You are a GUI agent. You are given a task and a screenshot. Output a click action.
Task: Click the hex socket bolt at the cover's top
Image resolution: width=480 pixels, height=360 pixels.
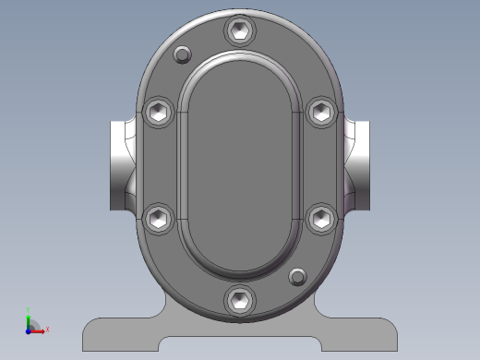tap(240, 31)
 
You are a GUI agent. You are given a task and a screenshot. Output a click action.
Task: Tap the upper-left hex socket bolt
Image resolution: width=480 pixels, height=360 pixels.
tap(159, 112)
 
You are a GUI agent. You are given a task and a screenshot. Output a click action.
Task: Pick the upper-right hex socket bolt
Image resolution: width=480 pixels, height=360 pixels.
tap(321, 112)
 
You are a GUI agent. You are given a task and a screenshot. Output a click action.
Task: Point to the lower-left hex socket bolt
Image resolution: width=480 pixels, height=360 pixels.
tap(159, 218)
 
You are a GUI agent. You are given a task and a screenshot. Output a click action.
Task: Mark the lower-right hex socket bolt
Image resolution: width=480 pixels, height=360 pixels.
tap(321, 218)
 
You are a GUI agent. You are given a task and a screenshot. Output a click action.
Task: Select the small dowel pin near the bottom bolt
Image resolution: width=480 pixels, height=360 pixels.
tap(297, 276)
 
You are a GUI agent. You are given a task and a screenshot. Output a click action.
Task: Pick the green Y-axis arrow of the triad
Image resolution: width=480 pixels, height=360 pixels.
tap(29, 319)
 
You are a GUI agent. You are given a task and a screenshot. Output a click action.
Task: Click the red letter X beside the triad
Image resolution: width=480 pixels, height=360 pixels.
tap(47, 329)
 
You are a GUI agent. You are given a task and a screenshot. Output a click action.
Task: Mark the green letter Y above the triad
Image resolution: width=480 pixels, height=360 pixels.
tap(29, 311)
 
